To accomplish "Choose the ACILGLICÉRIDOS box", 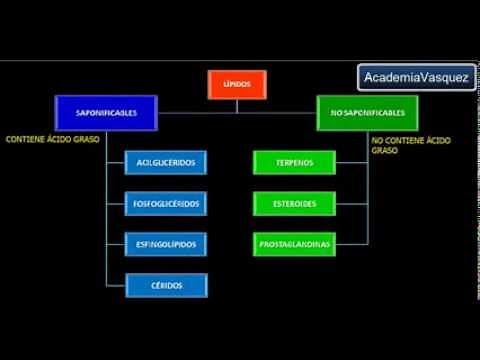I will click(166, 162).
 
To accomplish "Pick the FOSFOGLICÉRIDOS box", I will click(166, 203).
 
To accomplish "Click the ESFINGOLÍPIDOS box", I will click(166, 244).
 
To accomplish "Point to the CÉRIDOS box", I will click(166, 285).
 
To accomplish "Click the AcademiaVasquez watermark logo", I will click(416, 77).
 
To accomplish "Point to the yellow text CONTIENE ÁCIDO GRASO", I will click(52, 139).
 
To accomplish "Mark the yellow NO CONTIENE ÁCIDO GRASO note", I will click(411, 146).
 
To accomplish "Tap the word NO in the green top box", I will click(334, 113).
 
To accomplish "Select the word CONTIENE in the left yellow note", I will click(23, 139).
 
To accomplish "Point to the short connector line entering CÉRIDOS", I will click(115, 285).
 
